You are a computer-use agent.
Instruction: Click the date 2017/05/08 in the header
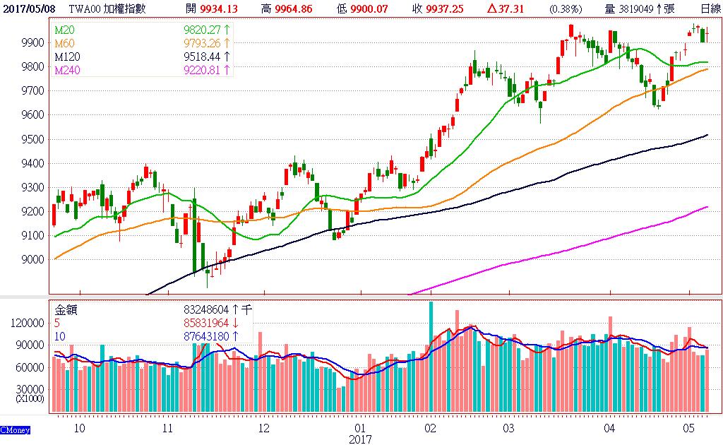(x=26, y=8)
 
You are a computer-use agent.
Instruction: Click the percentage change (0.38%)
(x=566, y=8)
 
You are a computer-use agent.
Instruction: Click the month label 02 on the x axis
(x=430, y=428)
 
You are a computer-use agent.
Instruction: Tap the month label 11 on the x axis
(x=167, y=428)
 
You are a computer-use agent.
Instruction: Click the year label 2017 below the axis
(x=359, y=438)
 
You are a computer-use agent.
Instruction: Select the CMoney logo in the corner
(x=14, y=429)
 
